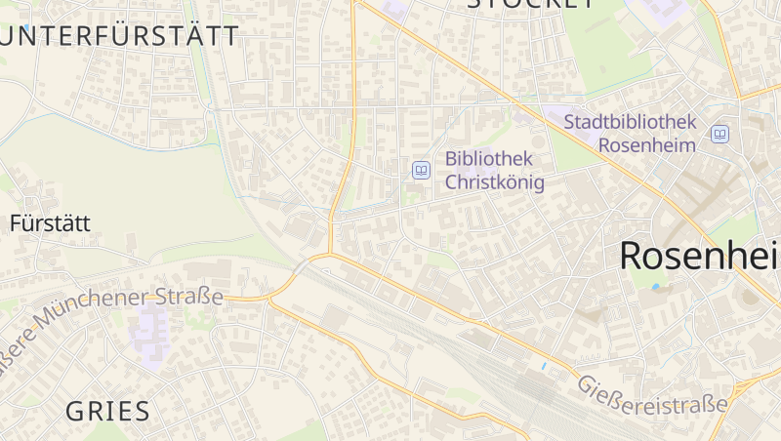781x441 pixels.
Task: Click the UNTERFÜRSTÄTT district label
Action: [x=120, y=37]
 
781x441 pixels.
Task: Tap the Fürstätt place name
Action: [x=50, y=222]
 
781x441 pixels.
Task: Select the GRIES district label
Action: [x=108, y=411]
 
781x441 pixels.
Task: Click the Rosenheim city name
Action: [x=699, y=256]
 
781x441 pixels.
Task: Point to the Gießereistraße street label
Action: [x=652, y=393]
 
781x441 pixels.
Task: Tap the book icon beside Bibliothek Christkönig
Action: [x=421, y=170]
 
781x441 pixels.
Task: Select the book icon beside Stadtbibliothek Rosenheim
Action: [x=719, y=134]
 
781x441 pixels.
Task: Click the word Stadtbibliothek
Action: [x=630, y=122]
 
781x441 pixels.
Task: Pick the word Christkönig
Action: [x=494, y=181]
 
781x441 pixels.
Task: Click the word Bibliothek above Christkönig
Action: [x=488, y=158]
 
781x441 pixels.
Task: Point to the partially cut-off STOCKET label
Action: [x=530, y=4]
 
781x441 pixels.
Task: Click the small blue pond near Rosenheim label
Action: [x=656, y=287]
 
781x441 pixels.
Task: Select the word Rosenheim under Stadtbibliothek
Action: [x=646, y=145]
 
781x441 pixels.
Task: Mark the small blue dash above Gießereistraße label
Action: [x=544, y=366]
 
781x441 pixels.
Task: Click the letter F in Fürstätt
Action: [x=16, y=222]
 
